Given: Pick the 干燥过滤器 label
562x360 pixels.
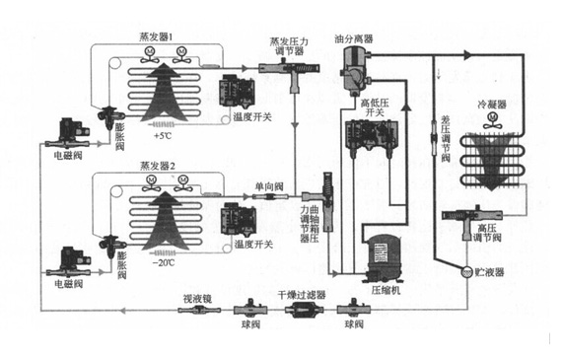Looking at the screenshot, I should (x=300, y=293).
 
